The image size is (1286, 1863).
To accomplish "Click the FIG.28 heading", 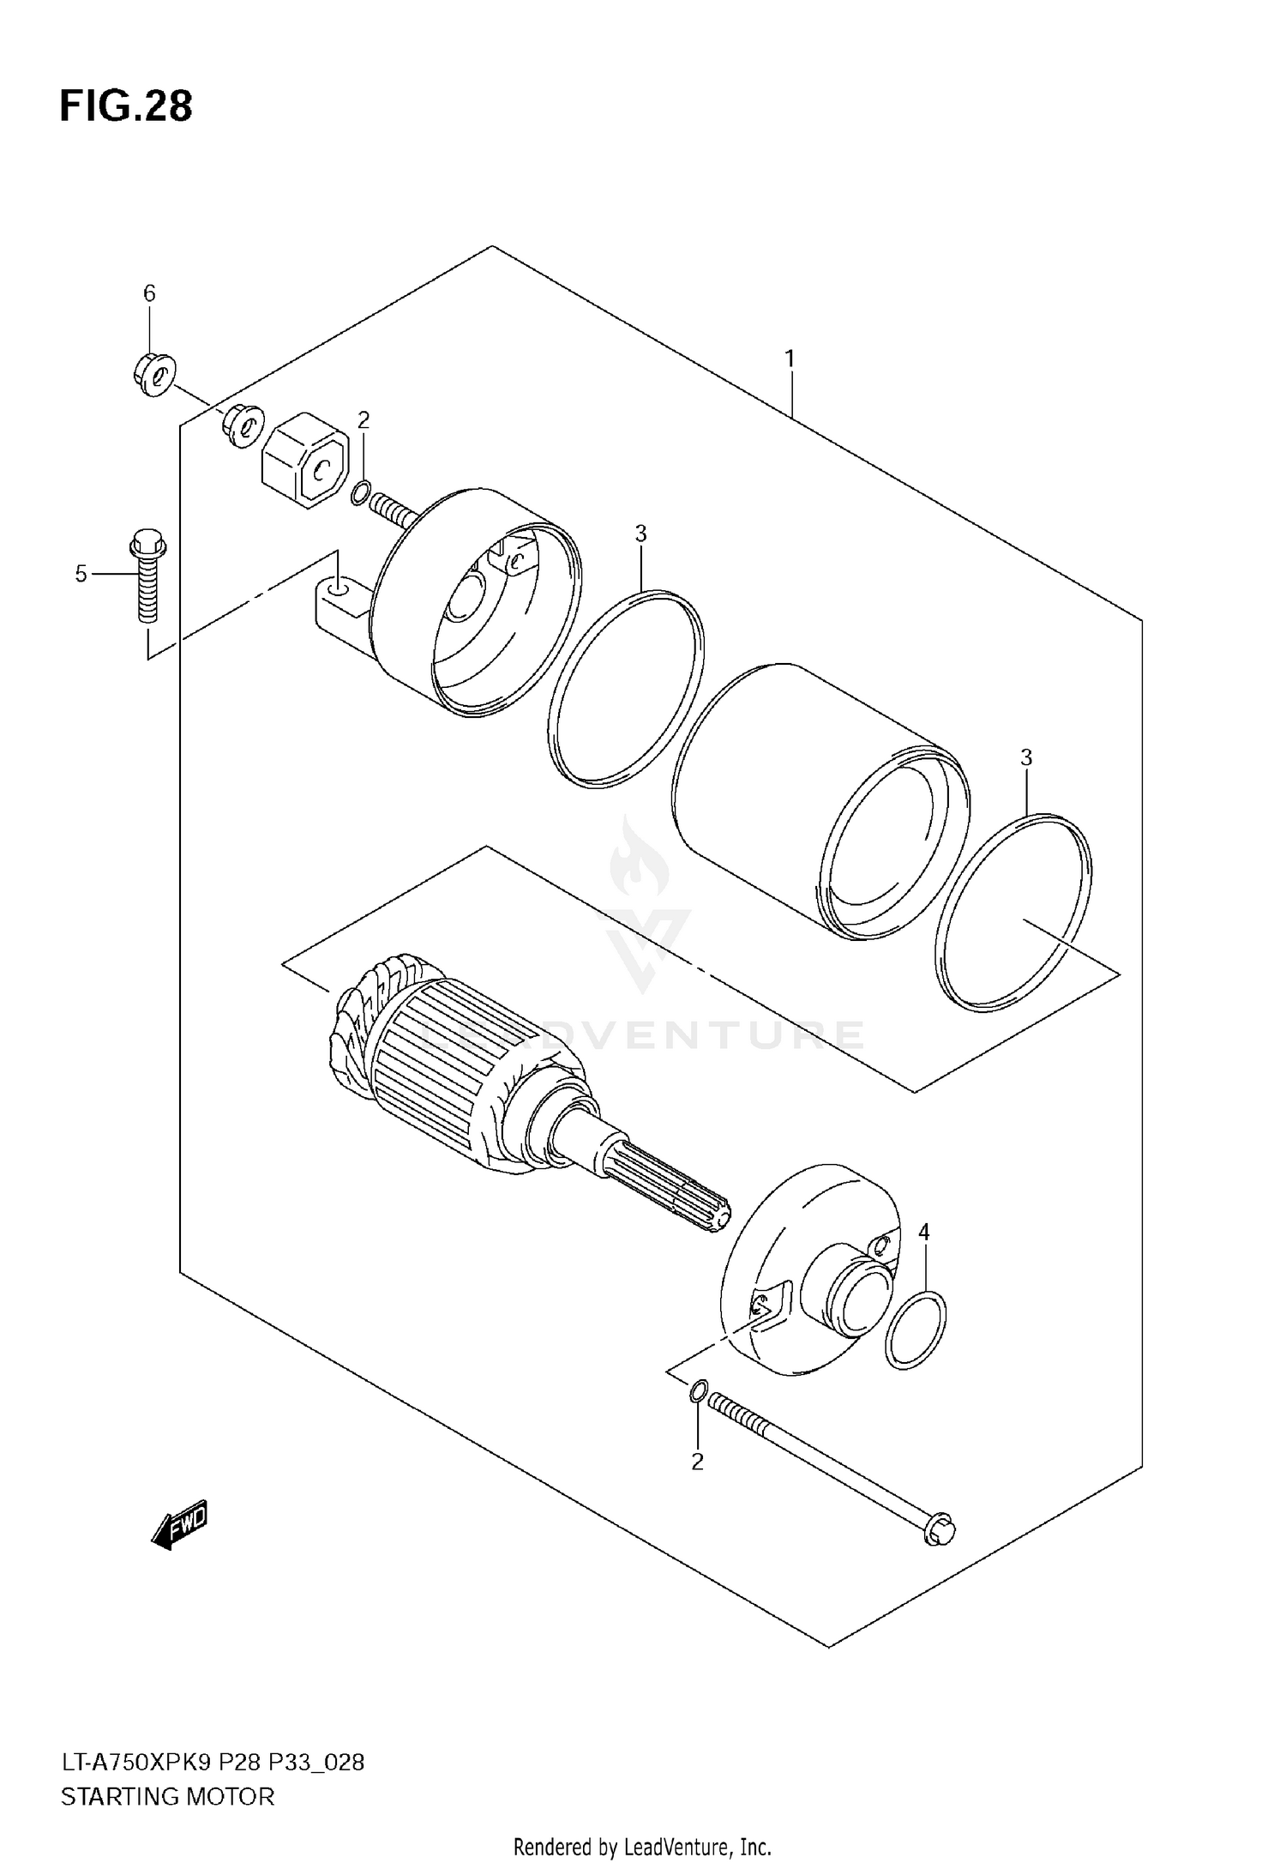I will (x=126, y=107).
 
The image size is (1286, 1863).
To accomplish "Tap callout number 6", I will (x=149, y=294).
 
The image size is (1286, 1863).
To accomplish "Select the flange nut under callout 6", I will (x=154, y=373).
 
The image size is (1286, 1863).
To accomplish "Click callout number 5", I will (x=81, y=574).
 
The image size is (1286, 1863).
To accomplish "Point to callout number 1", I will (x=790, y=358).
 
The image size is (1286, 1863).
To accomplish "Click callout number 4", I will (x=923, y=1233).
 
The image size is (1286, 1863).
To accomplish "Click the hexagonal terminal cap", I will (x=304, y=455).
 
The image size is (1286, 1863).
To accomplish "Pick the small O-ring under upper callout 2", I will (x=361, y=493).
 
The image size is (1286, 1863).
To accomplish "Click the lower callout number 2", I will (x=697, y=1462).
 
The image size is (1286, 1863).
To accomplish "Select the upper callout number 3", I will (x=640, y=534).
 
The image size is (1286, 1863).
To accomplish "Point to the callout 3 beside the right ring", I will (x=1026, y=757).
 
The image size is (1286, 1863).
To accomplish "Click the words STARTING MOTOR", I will (x=167, y=1797).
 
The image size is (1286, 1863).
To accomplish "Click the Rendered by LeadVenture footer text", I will (x=642, y=1847).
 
